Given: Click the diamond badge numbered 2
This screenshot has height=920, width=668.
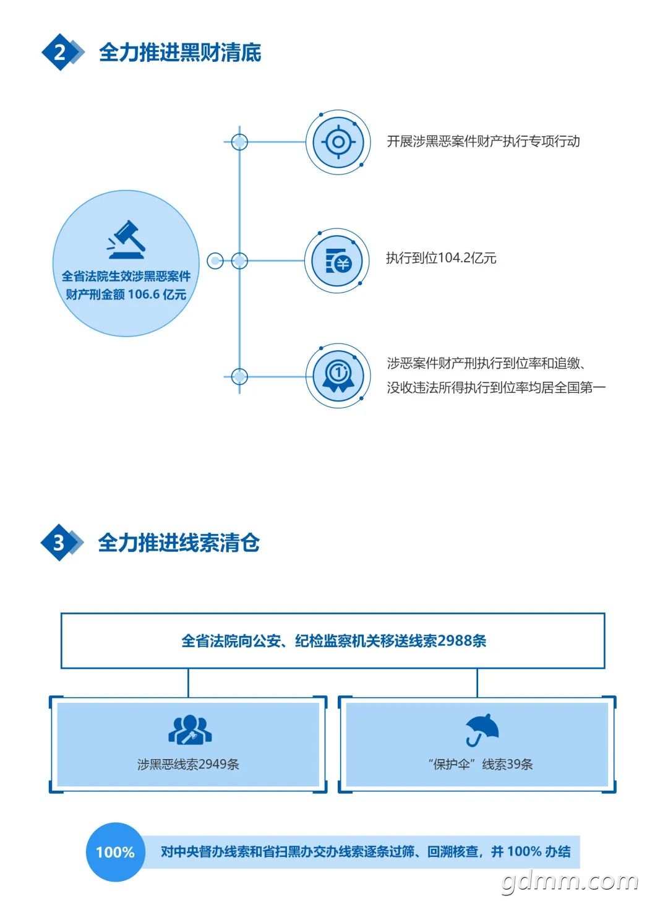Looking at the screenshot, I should coord(59,52).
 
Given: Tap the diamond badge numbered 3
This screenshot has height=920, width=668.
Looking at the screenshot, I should coord(59,543).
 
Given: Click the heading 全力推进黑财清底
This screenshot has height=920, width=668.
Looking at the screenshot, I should coord(180,53).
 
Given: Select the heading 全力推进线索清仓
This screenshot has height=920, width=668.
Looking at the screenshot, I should coord(179,543).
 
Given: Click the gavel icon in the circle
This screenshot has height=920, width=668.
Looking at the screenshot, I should coord(126,239).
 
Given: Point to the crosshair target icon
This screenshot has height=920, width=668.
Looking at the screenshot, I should coord(338,142).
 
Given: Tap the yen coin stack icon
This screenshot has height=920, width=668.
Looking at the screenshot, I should coord(338,261).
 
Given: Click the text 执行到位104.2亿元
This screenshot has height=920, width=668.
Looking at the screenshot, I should coord(441,258).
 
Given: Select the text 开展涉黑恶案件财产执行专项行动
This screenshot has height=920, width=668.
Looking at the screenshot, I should coord(483,142).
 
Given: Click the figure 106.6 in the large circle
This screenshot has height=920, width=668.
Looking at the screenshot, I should coord(143,294).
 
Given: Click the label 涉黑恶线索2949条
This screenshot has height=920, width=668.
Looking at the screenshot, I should coord(188,764).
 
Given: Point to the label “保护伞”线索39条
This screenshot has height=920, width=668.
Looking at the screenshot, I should coord(480,764).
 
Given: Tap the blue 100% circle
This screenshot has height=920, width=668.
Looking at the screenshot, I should coord(115,852).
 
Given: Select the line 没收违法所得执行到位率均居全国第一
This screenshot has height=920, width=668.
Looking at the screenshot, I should coord(496,388).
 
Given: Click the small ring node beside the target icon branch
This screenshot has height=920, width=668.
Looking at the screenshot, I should coord(239,142).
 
